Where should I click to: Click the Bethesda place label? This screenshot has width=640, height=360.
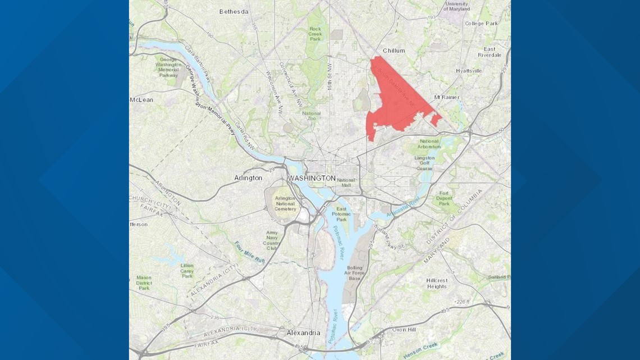coord(234,11)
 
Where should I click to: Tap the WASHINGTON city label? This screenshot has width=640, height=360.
coord(312,178)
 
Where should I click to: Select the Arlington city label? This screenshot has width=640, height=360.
coord(248,178)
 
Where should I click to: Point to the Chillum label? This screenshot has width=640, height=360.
coord(394,51)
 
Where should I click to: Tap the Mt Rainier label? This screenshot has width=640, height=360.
coord(447,97)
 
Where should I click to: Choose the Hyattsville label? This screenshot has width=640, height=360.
coord(469,71)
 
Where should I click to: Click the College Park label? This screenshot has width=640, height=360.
coord(481,24)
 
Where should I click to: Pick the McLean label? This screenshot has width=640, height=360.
coord(141,100)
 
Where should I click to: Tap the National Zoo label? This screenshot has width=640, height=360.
coord(312,116)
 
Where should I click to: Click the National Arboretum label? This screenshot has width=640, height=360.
coord(429,144)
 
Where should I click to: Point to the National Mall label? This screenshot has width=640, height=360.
coord(346,183)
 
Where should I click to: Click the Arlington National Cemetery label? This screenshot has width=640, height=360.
coord(285,203)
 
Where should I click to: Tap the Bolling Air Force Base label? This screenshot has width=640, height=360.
coord(355,274)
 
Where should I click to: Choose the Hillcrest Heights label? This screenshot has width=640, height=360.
coord(436,283)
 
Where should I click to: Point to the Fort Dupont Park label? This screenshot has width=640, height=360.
coord(444,198)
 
